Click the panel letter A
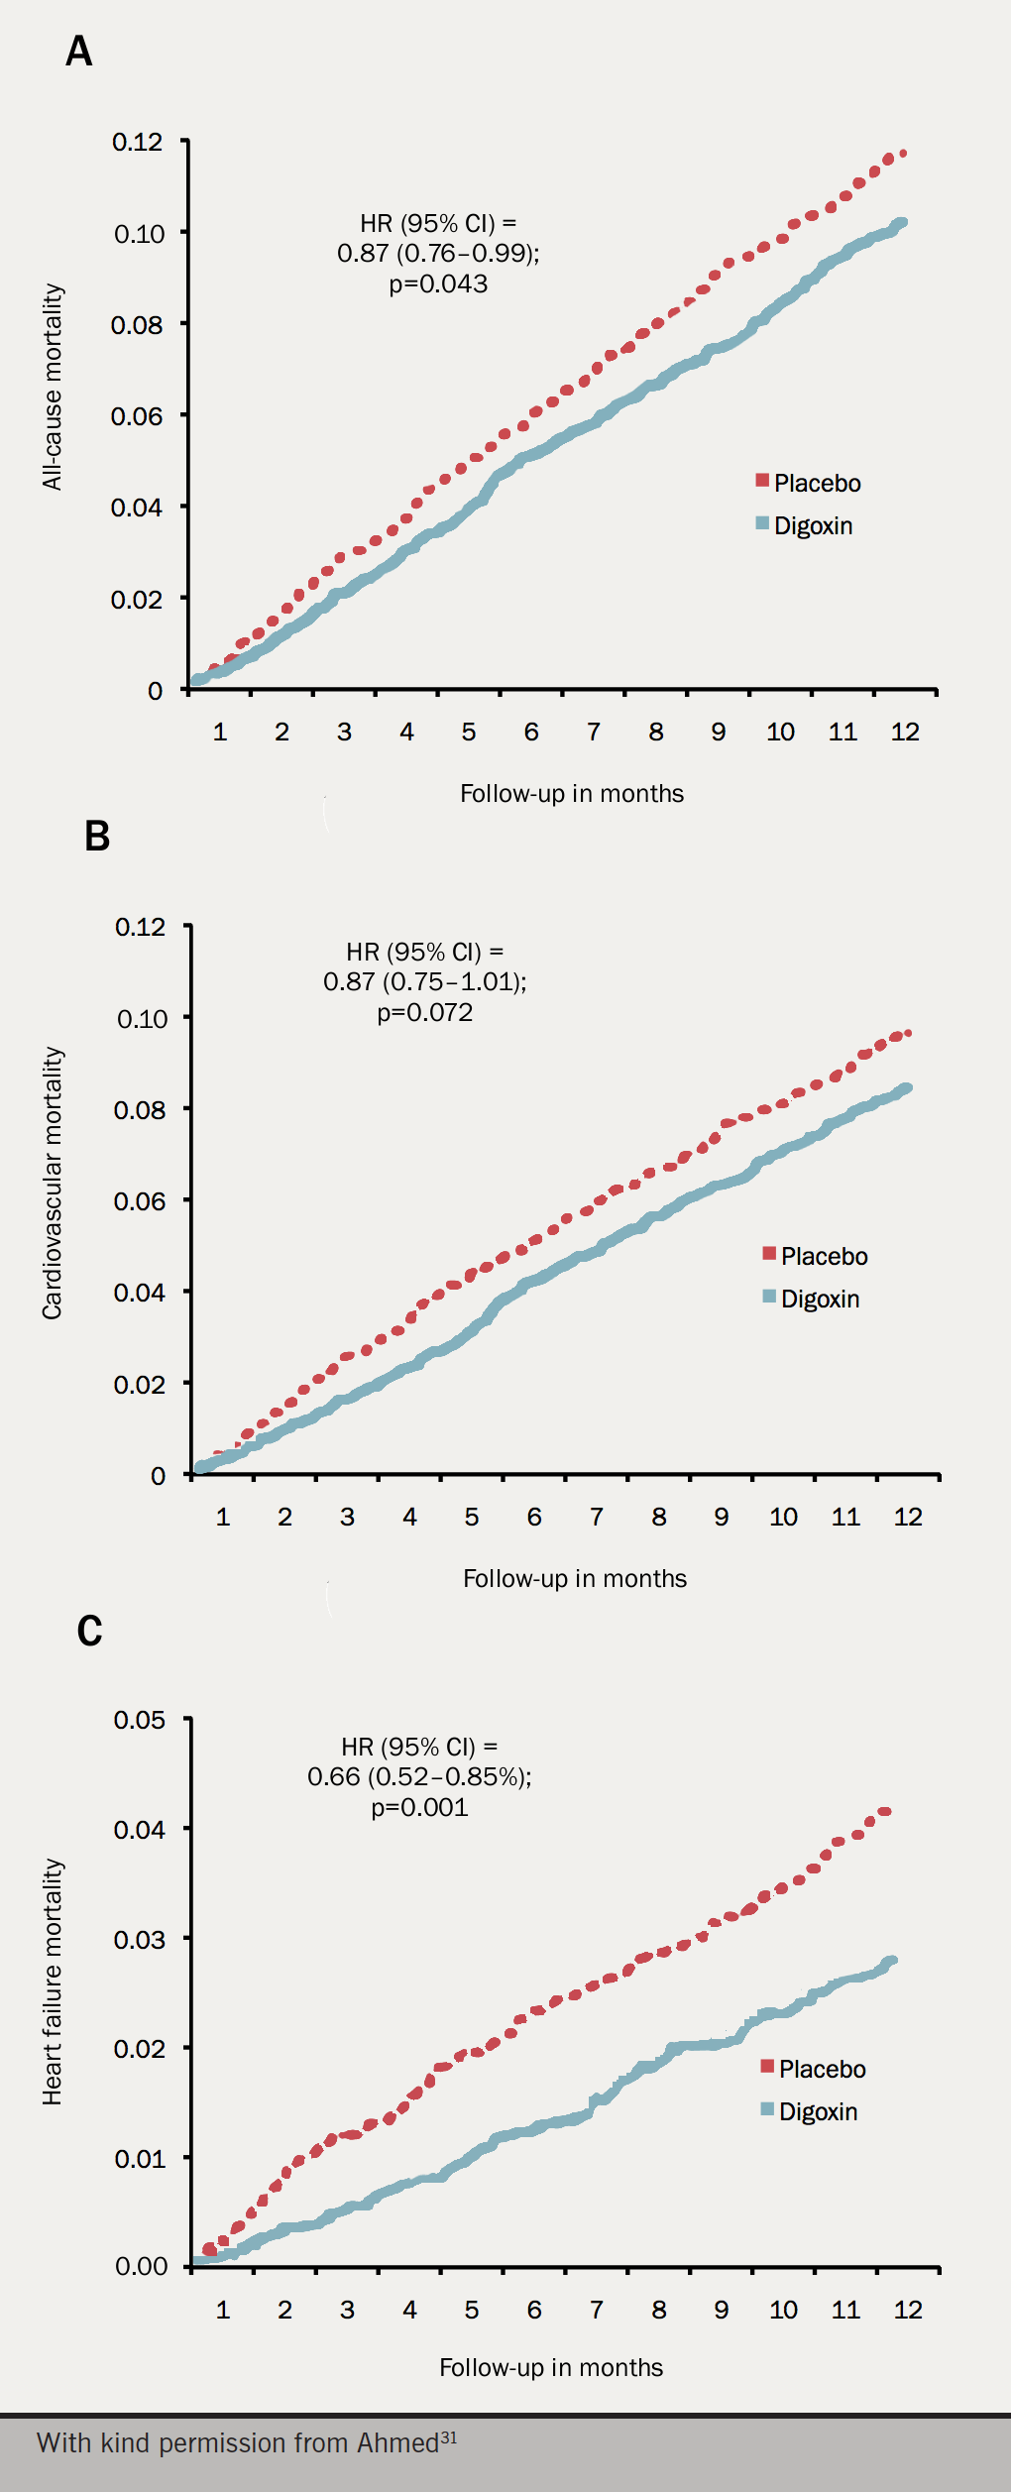coord(79,51)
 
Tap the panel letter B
coord(97,836)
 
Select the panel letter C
coord(89,1631)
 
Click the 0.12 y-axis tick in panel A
coord(137,142)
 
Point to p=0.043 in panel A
coord(438,284)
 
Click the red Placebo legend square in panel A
coord(762,481)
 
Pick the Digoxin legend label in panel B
coord(820,1299)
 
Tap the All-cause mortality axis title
coord(53,388)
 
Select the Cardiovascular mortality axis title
coord(53,1183)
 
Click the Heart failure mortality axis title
coord(53,1982)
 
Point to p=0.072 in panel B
coord(424,1012)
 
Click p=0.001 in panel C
coord(419,1807)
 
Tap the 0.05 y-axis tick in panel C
coord(140,1720)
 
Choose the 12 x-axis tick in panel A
coord(905,732)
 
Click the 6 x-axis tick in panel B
coord(534,1517)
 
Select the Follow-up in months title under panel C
coord(551,2367)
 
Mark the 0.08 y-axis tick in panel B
coord(140,1109)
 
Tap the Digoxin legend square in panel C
coord(767,2108)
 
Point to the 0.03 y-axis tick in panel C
coord(140,1939)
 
